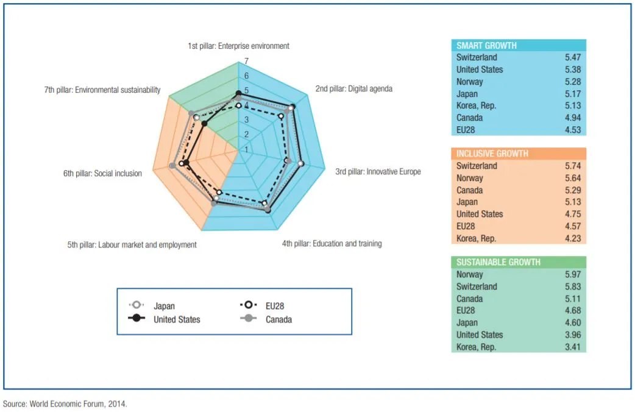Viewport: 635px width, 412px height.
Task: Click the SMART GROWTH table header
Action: pyautogui.click(x=486, y=45)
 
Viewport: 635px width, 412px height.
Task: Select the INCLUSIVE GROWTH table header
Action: pyautogui.click(x=492, y=154)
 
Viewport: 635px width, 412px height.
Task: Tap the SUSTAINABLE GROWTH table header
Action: pyautogui.click(x=498, y=262)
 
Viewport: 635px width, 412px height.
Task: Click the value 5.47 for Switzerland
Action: pyautogui.click(x=572, y=57)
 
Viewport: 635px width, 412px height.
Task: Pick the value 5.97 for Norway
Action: pyautogui.click(x=572, y=274)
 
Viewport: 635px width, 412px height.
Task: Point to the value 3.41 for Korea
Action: pyautogui.click(x=572, y=347)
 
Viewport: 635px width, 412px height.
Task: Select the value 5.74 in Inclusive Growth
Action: pyautogui.click(x=572, y=166)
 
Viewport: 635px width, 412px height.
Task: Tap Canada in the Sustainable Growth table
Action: pyautogui.click(x=469, y=299)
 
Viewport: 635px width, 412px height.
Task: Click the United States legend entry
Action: pyautogui.click(x=176, y=319)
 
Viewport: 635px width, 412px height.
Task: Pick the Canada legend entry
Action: pyautogui.click(x=278, y=319)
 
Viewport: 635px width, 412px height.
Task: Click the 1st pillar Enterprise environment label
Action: pyautogui.click(x=238, y=46)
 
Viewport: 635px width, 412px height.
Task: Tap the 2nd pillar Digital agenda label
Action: pyautogui.click(x=353, y=88)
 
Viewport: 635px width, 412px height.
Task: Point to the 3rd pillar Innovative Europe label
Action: pyautogui.click(x=378, y=171)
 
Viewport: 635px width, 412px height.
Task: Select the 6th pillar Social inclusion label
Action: pyautogui.click(x=102, y=174)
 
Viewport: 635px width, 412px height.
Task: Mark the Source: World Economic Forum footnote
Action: pyautogui.click(x=65, y=403)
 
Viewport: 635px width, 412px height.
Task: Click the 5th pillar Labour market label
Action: pyautogui.click(x=132, y=245)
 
